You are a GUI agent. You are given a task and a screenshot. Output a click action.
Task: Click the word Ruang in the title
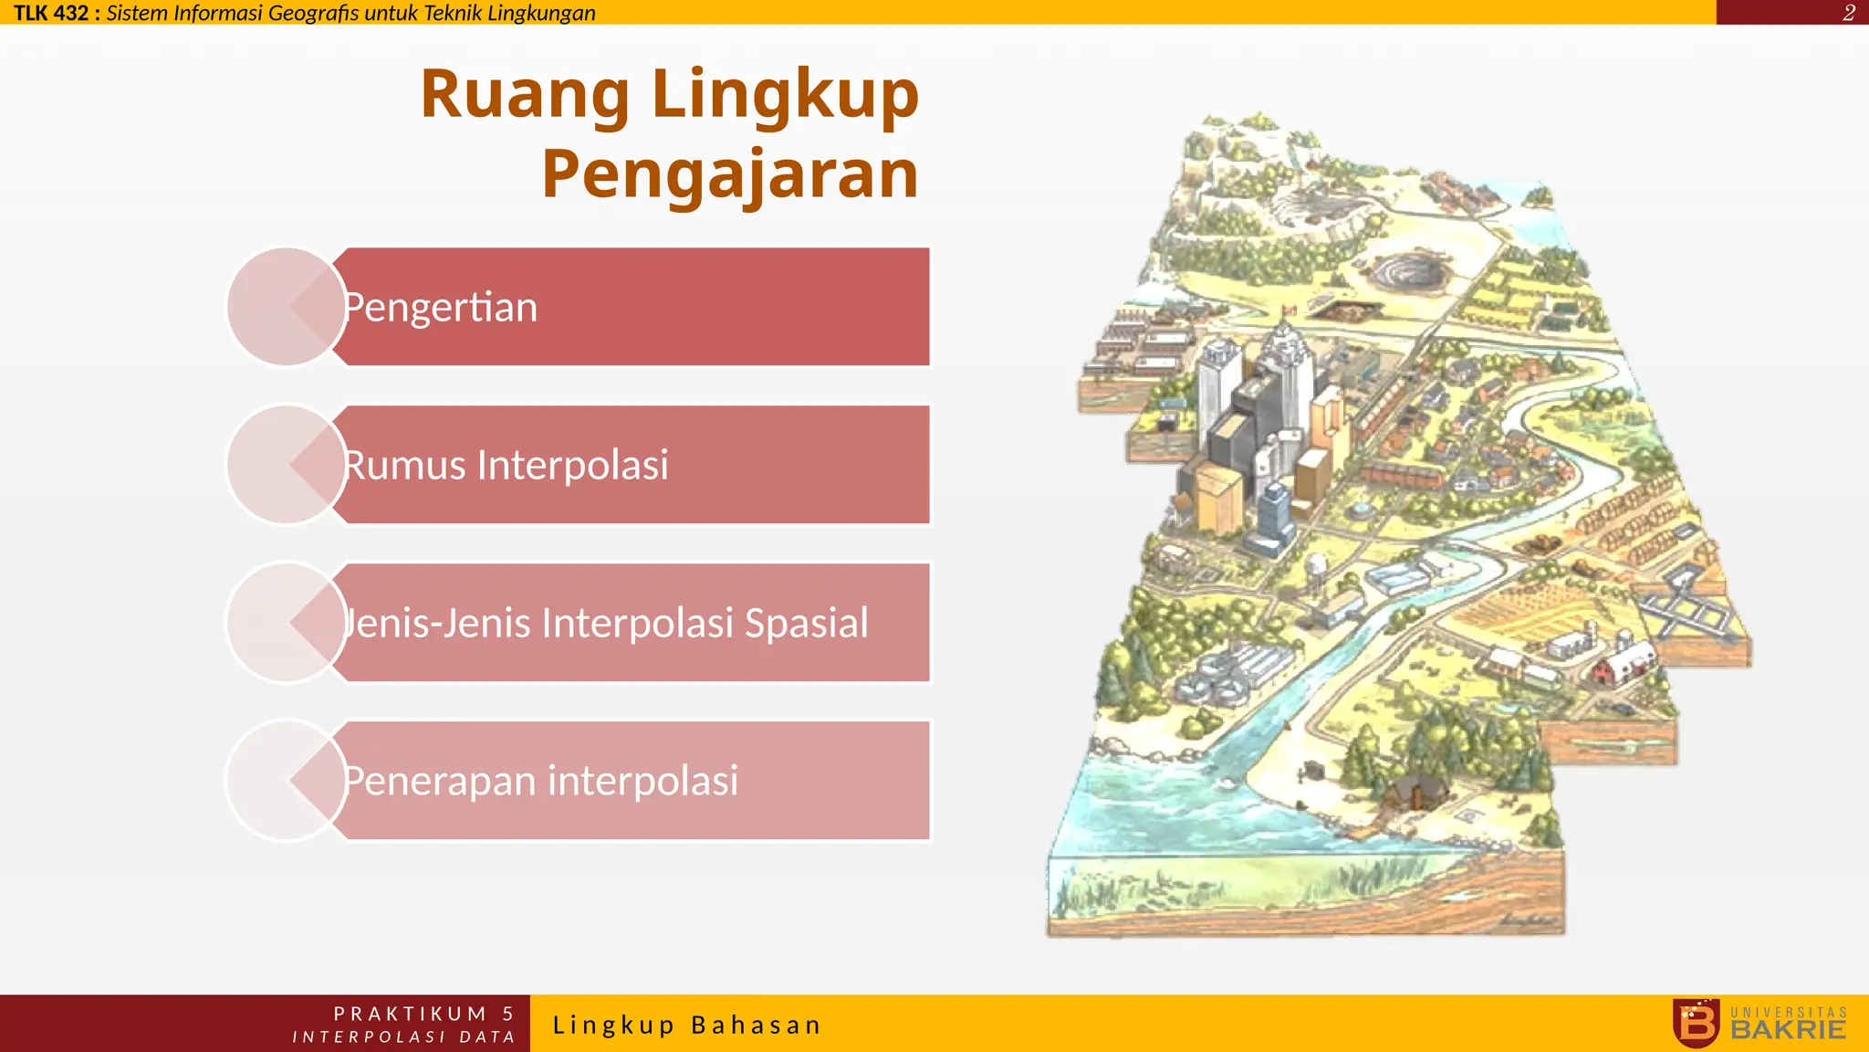click(x=525, y=95)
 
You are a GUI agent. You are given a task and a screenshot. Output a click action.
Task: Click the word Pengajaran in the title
click(x=730, y=174)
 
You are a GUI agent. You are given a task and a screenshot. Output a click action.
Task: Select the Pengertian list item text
click(x=441, y=308)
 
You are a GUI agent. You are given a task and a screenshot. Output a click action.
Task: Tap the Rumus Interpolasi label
click(x=506, y=465)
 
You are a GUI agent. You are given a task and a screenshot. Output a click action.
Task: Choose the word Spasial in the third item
click(x=806, y=623)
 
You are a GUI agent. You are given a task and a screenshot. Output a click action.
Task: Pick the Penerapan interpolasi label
click(x=540, y=781)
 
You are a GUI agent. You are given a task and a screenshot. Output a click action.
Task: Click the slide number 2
click(x=1848, y=13)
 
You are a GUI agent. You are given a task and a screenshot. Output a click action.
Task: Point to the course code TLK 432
click(x=51, y=13)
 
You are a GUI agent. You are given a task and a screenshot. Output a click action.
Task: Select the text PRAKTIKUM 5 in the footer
click(x=423, y=1014)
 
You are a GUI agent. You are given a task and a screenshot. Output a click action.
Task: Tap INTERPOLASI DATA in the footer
click(x=403, y=1036)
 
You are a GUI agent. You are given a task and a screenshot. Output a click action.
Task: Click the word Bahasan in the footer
click(x=757, y=1025)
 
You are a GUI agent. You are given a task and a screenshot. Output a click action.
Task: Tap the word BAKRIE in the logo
click(x=1789, y=1030)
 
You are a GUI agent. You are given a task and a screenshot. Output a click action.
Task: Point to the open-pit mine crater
click(x=1410, y=268)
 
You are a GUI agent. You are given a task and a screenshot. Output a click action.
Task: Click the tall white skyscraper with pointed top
click(x=1287, y=361)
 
